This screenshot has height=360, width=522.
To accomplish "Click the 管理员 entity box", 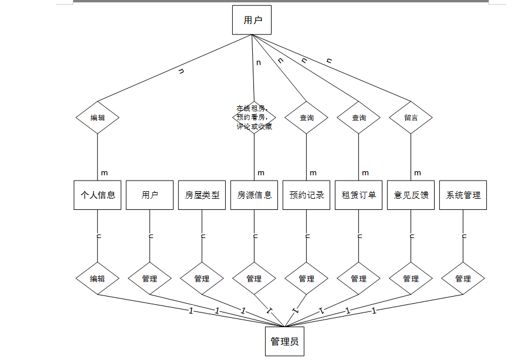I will [x=284, y=341].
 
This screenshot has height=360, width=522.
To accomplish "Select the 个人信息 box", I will [x=97, y=195].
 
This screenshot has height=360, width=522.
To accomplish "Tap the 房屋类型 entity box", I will [x=202, y=195].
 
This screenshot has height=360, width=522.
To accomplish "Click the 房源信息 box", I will [x=254, y=195].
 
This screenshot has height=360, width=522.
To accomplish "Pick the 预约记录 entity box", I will [x=306, y=195].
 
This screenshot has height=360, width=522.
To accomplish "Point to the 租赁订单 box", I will [x=358, y=195].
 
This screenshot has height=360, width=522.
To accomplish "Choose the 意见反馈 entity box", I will [x=411, y=195].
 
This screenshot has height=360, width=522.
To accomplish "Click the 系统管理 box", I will [x=463, y=195].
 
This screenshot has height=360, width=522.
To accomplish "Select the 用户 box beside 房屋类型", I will [x=150, y=195].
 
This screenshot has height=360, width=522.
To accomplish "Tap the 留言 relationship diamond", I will [x=411, y=117].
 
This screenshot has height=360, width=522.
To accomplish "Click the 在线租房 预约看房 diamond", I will [x=254, y=117].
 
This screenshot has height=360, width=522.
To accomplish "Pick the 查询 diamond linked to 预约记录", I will [x=306, y=117].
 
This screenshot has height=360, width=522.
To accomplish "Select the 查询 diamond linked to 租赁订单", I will [x=358, y=117].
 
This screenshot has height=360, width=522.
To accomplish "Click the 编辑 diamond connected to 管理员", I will [x=97, y=279].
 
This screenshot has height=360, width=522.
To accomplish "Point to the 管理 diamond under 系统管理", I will [x=463, y=279].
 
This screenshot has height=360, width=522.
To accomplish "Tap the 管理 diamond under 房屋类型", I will [x=202, y=279].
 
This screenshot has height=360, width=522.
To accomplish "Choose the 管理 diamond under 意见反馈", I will [x=411, y=279].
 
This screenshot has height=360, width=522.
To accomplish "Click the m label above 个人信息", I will [x=104, y=173].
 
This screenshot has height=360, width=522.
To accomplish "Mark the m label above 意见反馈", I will [x=418, y=173].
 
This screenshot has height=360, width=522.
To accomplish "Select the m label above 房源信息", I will [x=261, y=173].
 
